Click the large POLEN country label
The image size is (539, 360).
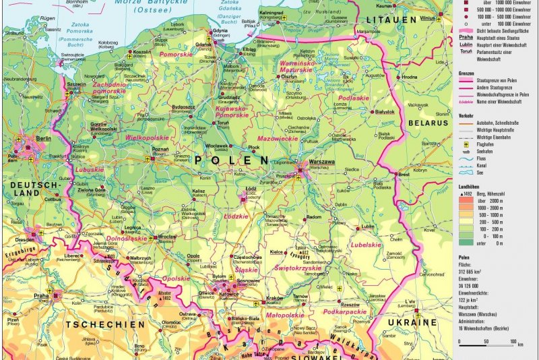pyautogui.click(x=231, y=160)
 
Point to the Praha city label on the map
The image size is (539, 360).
pyautogui.click(x=42, y=295)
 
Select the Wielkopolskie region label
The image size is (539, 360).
pyautogui.click(x=146, y=136)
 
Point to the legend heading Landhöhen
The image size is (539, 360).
pyautogui.click(x=470, y=187)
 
